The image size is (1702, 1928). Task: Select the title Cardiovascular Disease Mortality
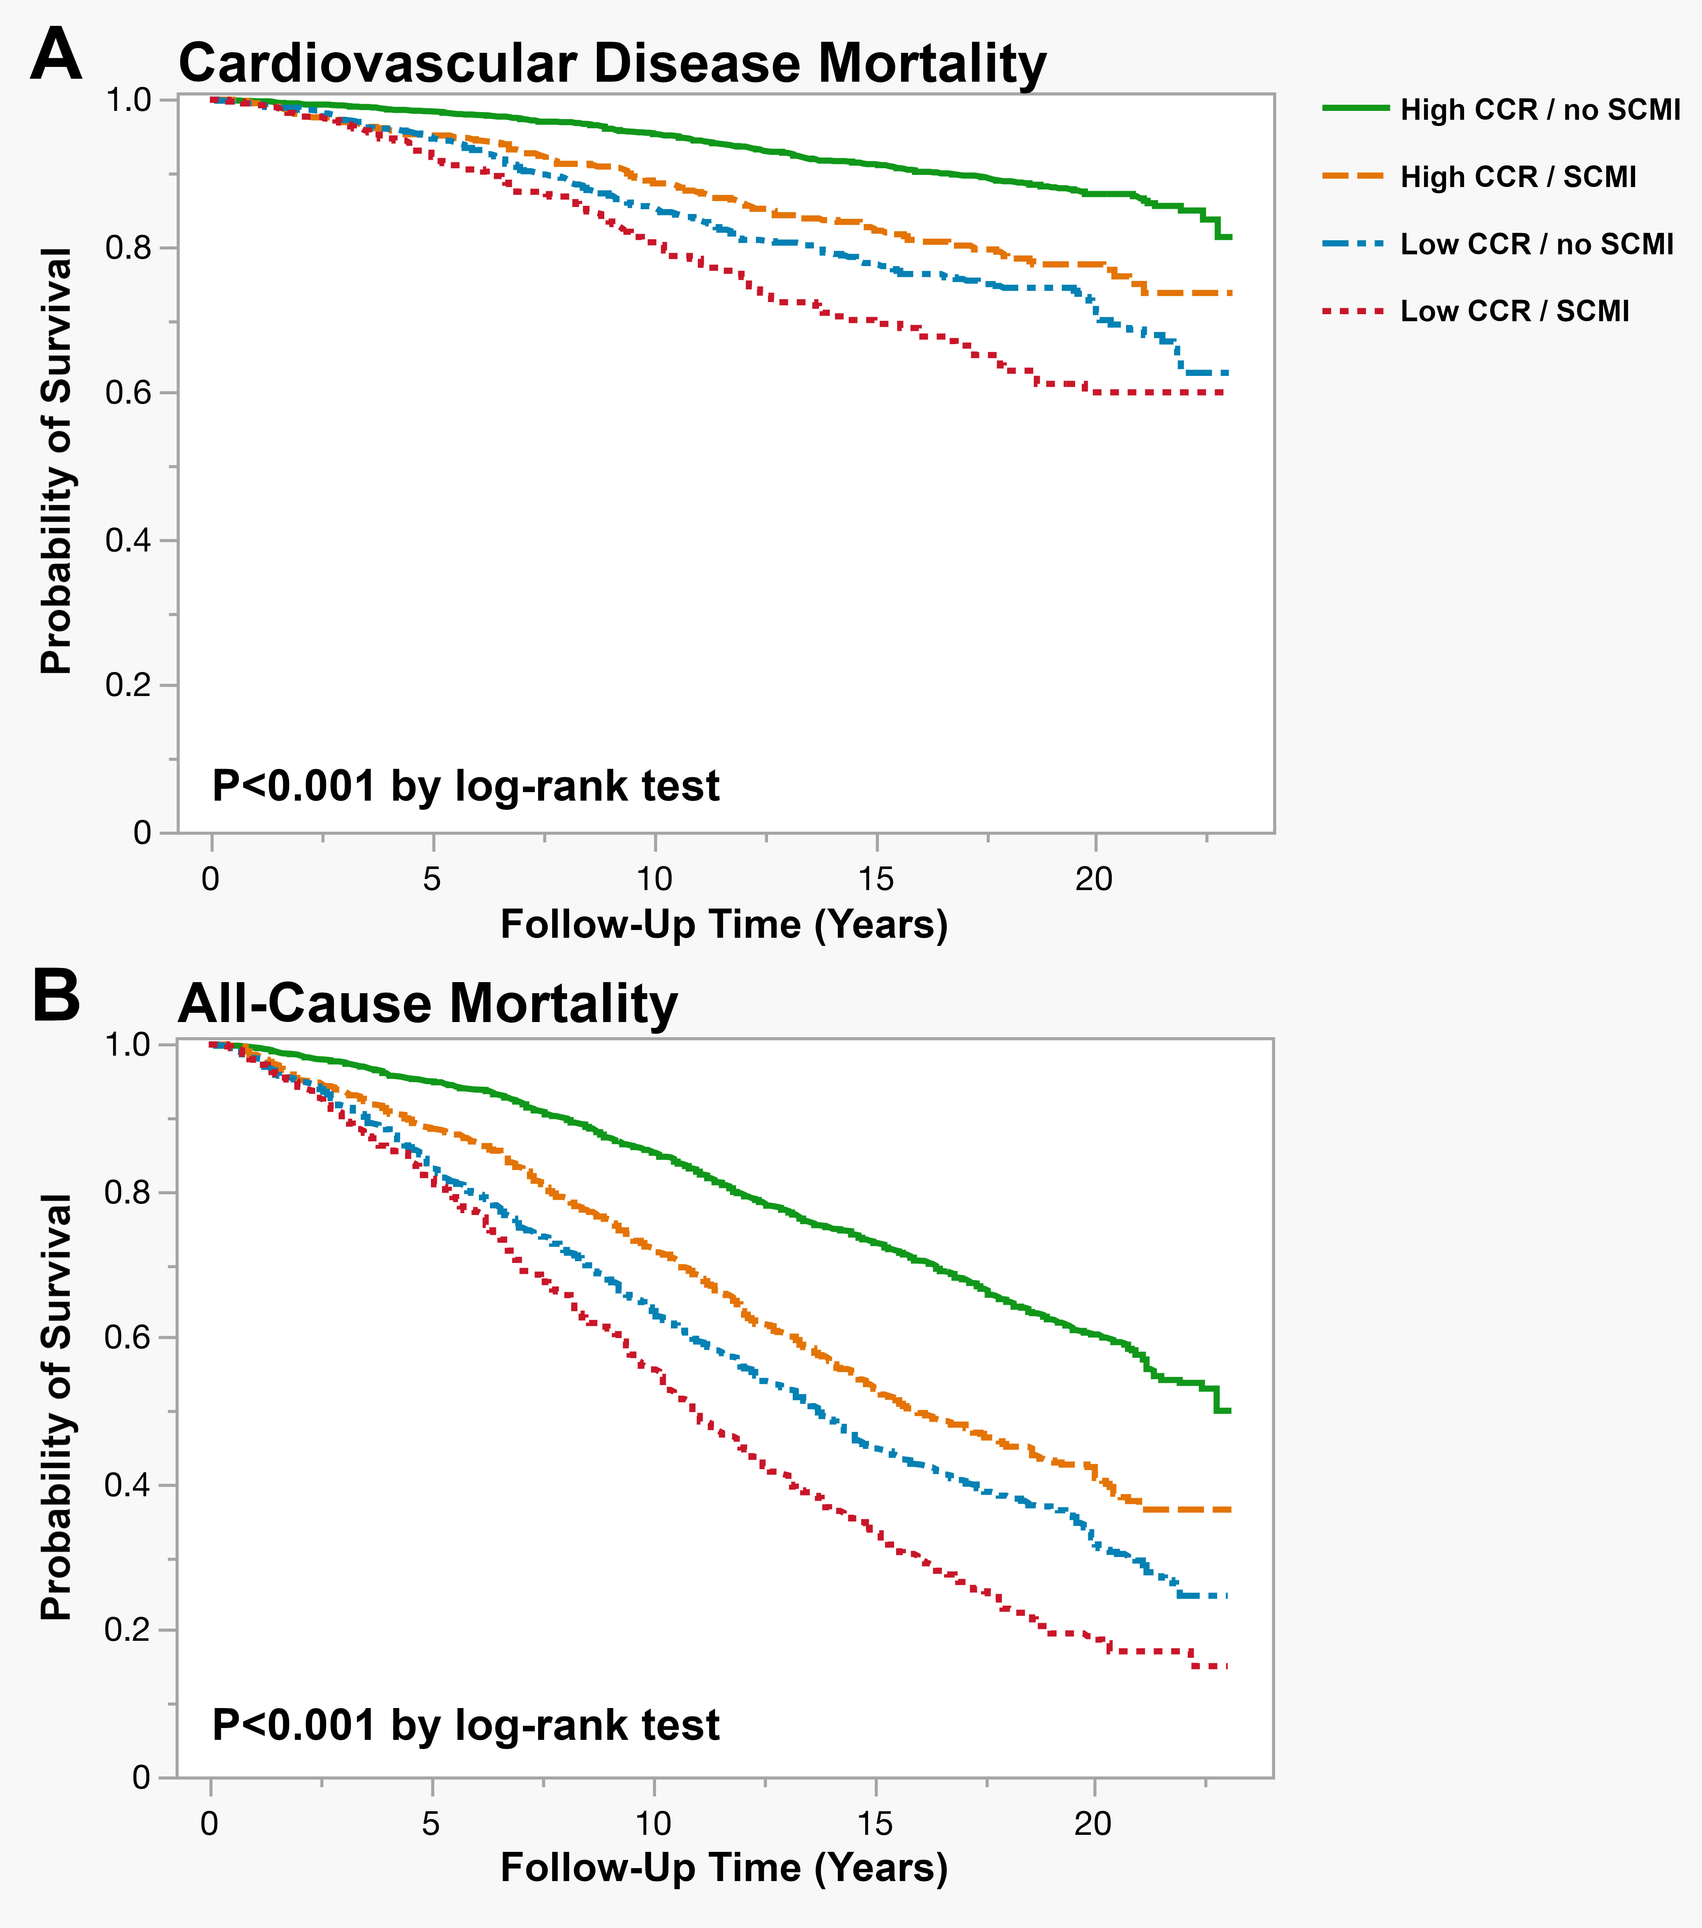pyautogui.click(x=612, y=64)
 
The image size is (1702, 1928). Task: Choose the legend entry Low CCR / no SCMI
pyautogui.click(x=1536, y=244)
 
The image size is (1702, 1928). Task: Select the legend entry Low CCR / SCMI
pyautogui.click(x=1514, y=311)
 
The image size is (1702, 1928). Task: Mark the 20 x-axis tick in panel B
pyautogui.click(x=1093, y=1823)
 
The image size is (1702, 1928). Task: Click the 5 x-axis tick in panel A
pyautogui.click(x=432, y=879)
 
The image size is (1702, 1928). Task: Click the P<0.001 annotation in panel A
pyautogui.click(x=466, y=786)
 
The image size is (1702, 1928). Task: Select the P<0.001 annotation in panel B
pyautogui.click(x=466, y=1725)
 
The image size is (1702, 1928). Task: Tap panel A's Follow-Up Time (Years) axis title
pyautogui.click(x=723, y=924)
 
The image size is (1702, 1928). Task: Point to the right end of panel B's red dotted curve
pyautogui.click(x=1226, y=1667)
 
